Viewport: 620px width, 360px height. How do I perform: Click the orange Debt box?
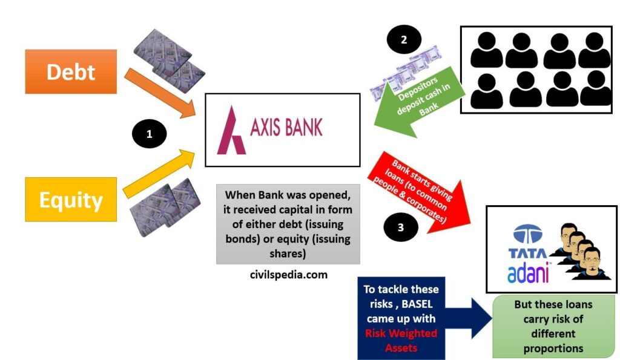[x=71, y=71]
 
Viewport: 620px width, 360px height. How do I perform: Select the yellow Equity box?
[x=71, y=200]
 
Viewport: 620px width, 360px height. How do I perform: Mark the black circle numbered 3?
[x=401, y=227]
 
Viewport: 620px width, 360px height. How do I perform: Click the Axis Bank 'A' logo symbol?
[x=232, y=129]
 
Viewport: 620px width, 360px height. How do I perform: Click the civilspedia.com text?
[x=288, y=275]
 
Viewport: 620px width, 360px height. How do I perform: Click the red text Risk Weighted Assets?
[x=401, y=341]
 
